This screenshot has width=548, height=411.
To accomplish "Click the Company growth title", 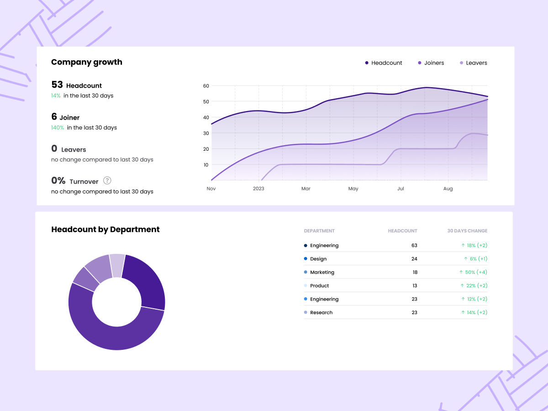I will (x=87, y=62).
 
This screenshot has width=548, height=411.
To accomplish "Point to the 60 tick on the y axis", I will (x=206, y=86).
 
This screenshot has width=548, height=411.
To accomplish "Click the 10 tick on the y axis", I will (x=206, y=165).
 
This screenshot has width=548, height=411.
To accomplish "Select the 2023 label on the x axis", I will (x=258, y=189).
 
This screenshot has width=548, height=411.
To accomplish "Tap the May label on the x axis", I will (x=353, y=189).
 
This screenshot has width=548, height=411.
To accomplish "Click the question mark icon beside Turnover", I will (x=107, y=180).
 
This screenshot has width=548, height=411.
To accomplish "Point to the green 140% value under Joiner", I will (x=58, y=128).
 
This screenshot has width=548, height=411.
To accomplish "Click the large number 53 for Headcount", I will (x=57, y=85).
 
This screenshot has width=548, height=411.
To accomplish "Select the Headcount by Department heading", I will (x=105, y=230).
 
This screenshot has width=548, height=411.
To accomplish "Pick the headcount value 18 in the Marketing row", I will (x=415, y=272).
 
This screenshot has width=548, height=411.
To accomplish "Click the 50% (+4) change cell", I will (x=473, y=272).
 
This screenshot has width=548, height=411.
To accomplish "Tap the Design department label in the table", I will (x=318, y=259).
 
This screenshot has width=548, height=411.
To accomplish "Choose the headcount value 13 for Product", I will (x=415, y=286).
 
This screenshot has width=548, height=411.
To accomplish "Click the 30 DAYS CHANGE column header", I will (x=467, y=231).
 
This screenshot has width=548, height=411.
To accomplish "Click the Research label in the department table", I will (x=321, y=313).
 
